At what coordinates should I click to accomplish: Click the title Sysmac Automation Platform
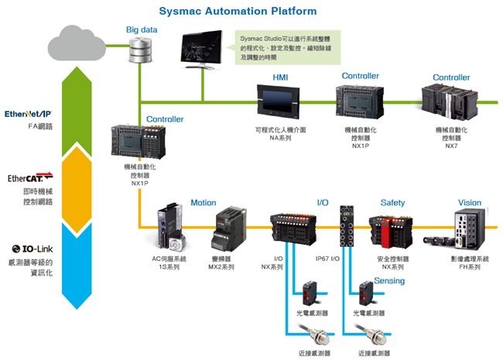coord(238,11)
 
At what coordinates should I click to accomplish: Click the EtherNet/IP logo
coord(28,114)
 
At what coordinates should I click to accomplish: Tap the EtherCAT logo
coord(29,178)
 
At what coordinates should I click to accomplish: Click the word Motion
coord(203,203)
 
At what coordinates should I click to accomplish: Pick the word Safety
coord(392,203)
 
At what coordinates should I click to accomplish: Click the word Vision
coord(469,203)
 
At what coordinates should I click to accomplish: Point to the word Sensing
coord(389,280)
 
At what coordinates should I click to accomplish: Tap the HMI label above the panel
coord(280,78)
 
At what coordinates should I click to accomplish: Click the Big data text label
coord(142,29)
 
